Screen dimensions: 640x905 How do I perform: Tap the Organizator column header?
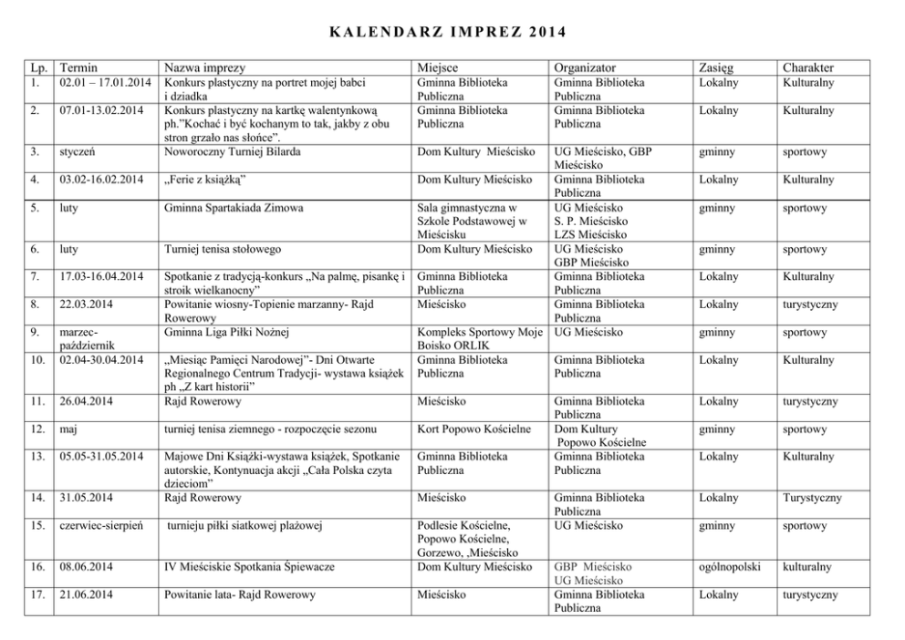point(584,67)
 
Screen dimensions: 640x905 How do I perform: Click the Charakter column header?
point(807,67)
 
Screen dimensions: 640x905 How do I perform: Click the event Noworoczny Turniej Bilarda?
point(234,151)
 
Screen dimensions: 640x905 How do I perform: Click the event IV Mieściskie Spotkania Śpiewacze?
point(249,567)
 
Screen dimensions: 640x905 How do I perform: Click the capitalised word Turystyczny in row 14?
point(812,498)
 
